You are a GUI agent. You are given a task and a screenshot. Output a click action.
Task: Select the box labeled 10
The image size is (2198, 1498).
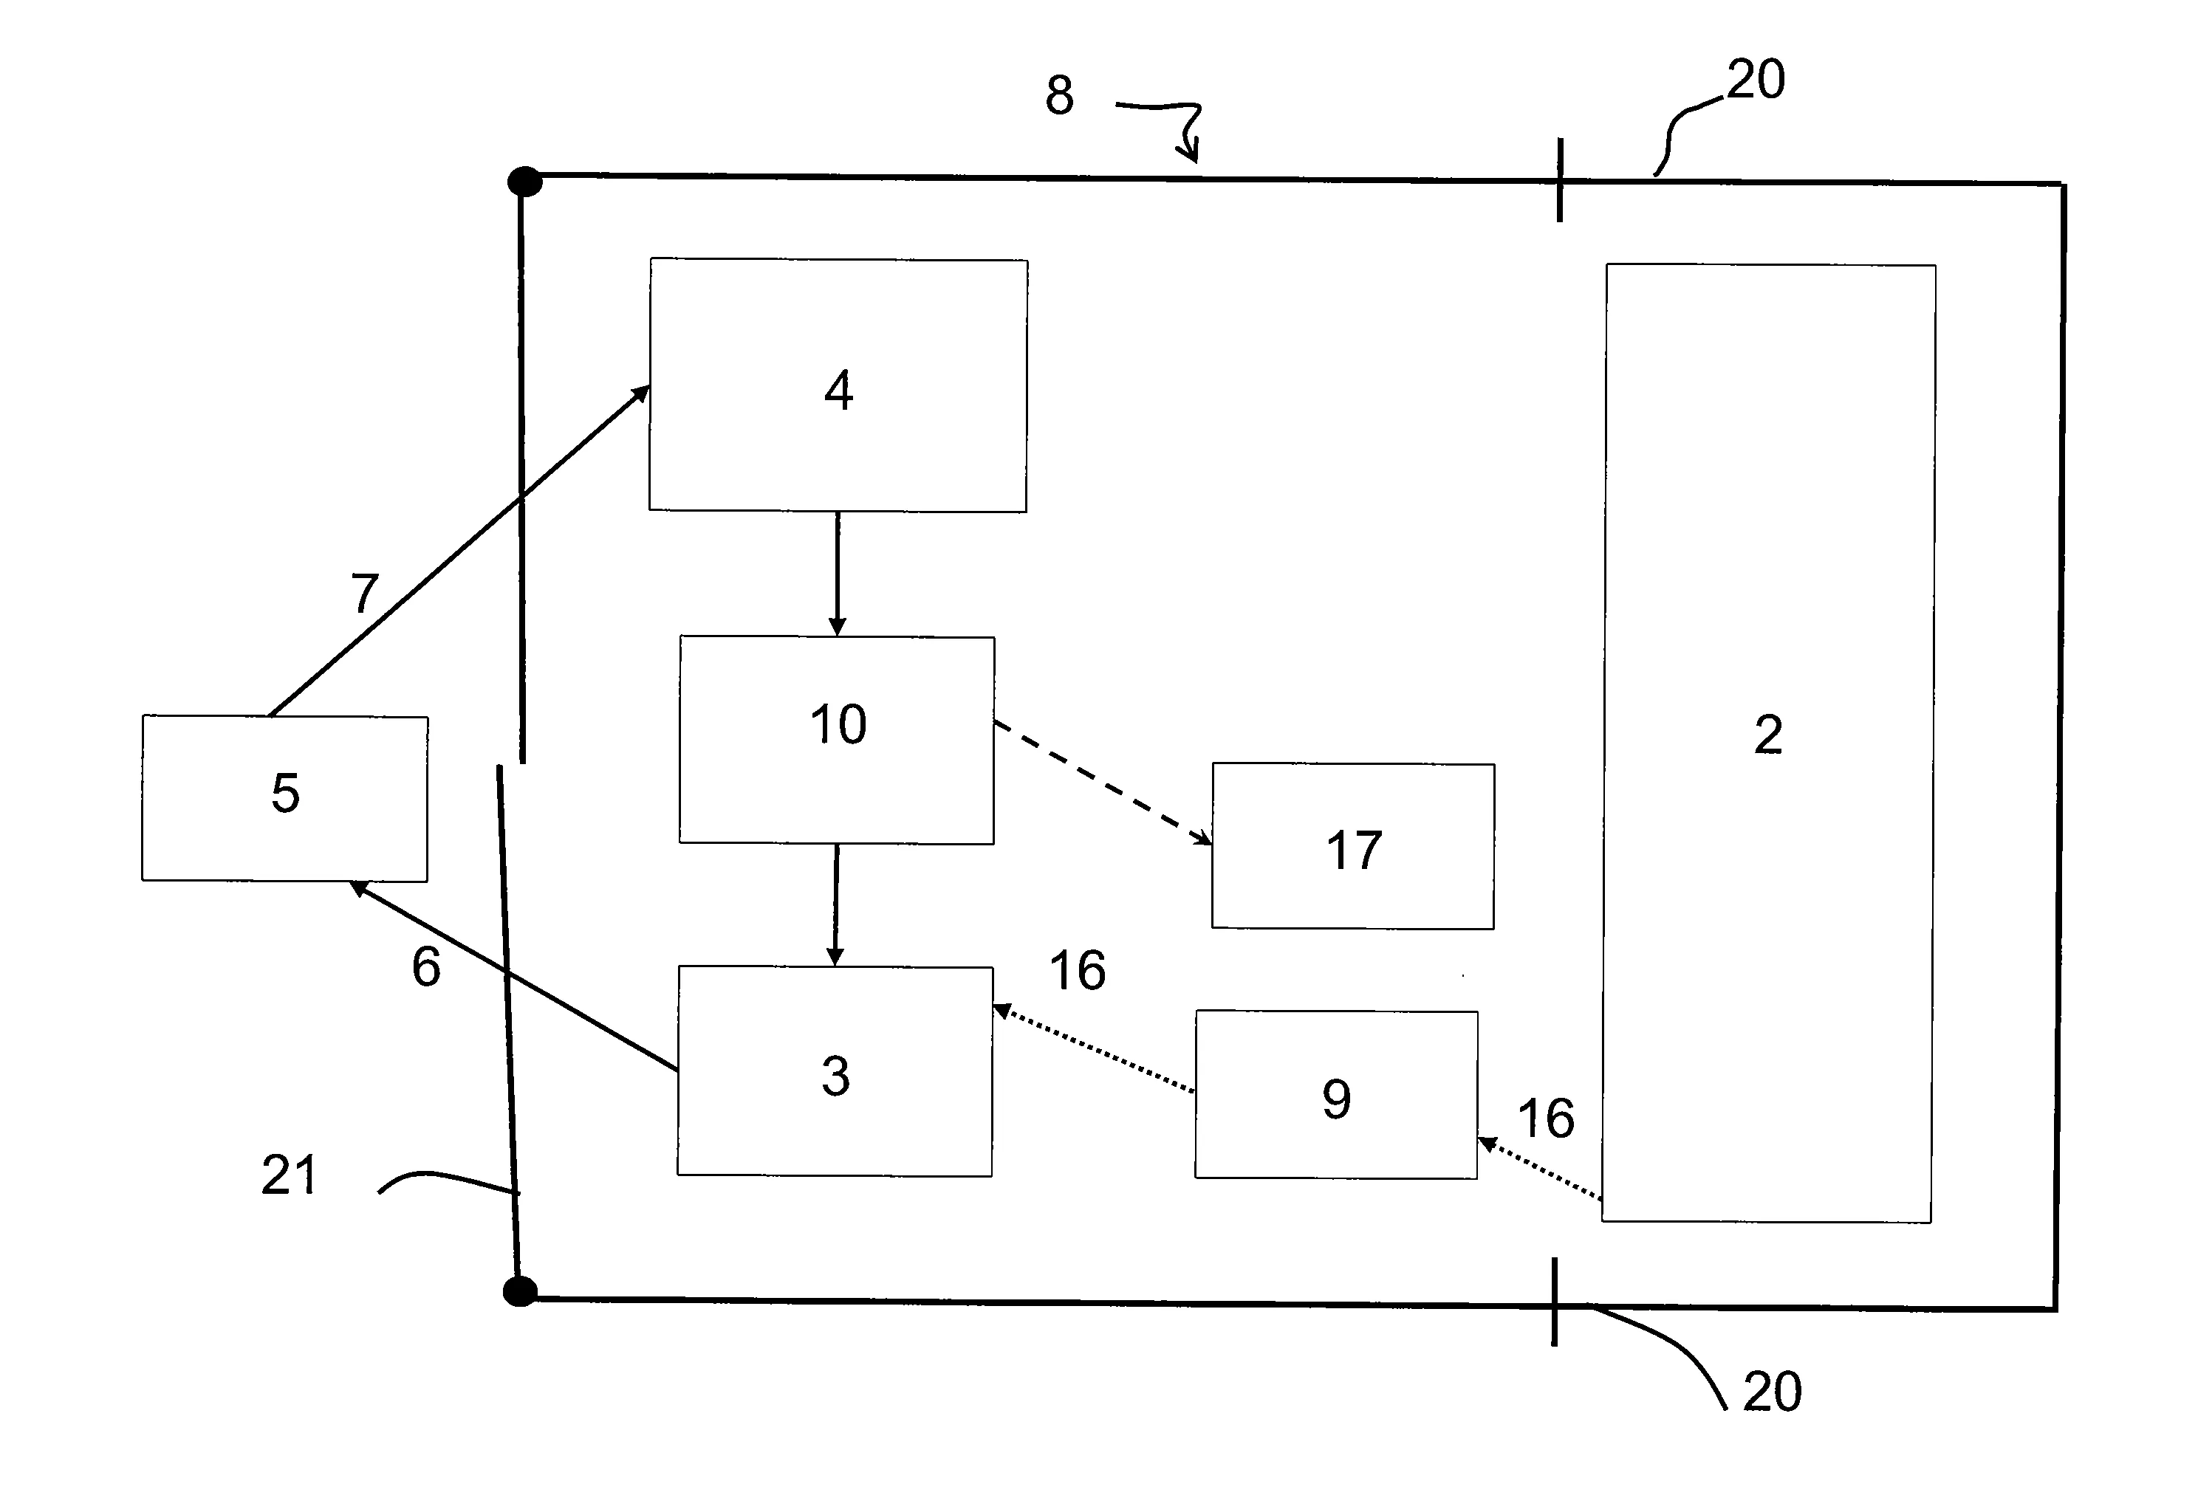pos(837,740)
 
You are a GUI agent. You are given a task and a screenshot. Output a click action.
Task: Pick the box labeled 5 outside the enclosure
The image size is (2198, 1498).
pos(284,798)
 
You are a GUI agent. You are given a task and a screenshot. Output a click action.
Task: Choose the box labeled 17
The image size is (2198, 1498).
pos(1352,846)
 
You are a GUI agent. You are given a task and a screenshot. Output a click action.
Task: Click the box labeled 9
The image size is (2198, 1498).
pos(1335,1095)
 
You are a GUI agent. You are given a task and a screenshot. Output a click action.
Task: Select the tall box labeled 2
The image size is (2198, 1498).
pos(1767,743)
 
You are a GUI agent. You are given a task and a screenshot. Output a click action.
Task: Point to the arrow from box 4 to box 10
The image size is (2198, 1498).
pos(837,573)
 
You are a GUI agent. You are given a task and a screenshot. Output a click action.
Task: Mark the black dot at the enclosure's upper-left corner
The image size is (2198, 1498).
pos(525,182)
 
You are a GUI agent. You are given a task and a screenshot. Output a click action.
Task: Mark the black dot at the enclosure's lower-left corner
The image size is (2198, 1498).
pos(520,1291)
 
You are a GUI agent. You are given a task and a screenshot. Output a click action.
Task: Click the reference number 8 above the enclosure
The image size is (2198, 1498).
pos(1059,95)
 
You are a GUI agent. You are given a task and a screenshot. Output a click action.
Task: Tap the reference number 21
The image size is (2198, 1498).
pos(289,1175)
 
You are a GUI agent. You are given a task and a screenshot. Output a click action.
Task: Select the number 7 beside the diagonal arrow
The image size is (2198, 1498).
pos(365,593)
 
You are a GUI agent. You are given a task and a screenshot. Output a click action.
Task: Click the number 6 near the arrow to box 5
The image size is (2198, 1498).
pos(425,966)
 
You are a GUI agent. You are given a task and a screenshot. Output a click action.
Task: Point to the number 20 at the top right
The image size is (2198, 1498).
pos(1756,80)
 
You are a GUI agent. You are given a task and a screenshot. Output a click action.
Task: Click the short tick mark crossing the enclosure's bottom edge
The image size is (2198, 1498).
pos(1554,1302)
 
